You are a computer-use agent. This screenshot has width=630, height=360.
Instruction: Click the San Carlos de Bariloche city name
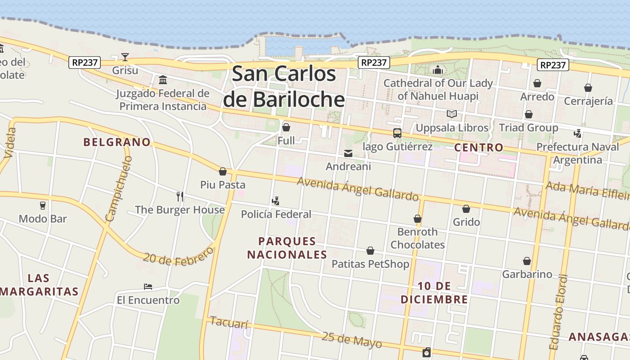283,86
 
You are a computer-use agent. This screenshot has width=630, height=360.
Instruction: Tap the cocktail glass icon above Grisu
125,57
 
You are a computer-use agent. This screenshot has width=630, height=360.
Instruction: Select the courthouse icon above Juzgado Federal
163,80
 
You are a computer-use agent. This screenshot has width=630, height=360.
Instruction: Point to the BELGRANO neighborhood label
117,142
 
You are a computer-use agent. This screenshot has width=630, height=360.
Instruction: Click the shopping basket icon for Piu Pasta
223,171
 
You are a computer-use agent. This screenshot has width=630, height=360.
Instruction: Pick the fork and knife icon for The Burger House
180,196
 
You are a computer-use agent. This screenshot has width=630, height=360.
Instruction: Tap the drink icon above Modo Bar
43,206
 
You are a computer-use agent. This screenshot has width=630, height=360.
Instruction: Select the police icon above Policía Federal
276,201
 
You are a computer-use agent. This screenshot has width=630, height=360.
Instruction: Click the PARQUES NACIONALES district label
287,248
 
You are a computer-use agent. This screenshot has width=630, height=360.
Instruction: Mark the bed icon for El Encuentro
148,287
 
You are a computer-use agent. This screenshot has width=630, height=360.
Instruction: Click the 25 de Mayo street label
352,340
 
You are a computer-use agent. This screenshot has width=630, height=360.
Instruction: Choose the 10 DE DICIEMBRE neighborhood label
434,292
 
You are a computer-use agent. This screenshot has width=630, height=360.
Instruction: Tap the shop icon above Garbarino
527,261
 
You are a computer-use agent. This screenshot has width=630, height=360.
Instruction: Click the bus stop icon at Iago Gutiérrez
397,133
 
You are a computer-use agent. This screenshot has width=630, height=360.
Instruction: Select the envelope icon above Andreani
348,153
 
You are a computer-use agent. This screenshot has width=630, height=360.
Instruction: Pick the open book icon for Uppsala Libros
452,114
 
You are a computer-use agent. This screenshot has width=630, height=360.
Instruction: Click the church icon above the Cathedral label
438,70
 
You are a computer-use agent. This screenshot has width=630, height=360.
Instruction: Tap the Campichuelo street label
118,189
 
